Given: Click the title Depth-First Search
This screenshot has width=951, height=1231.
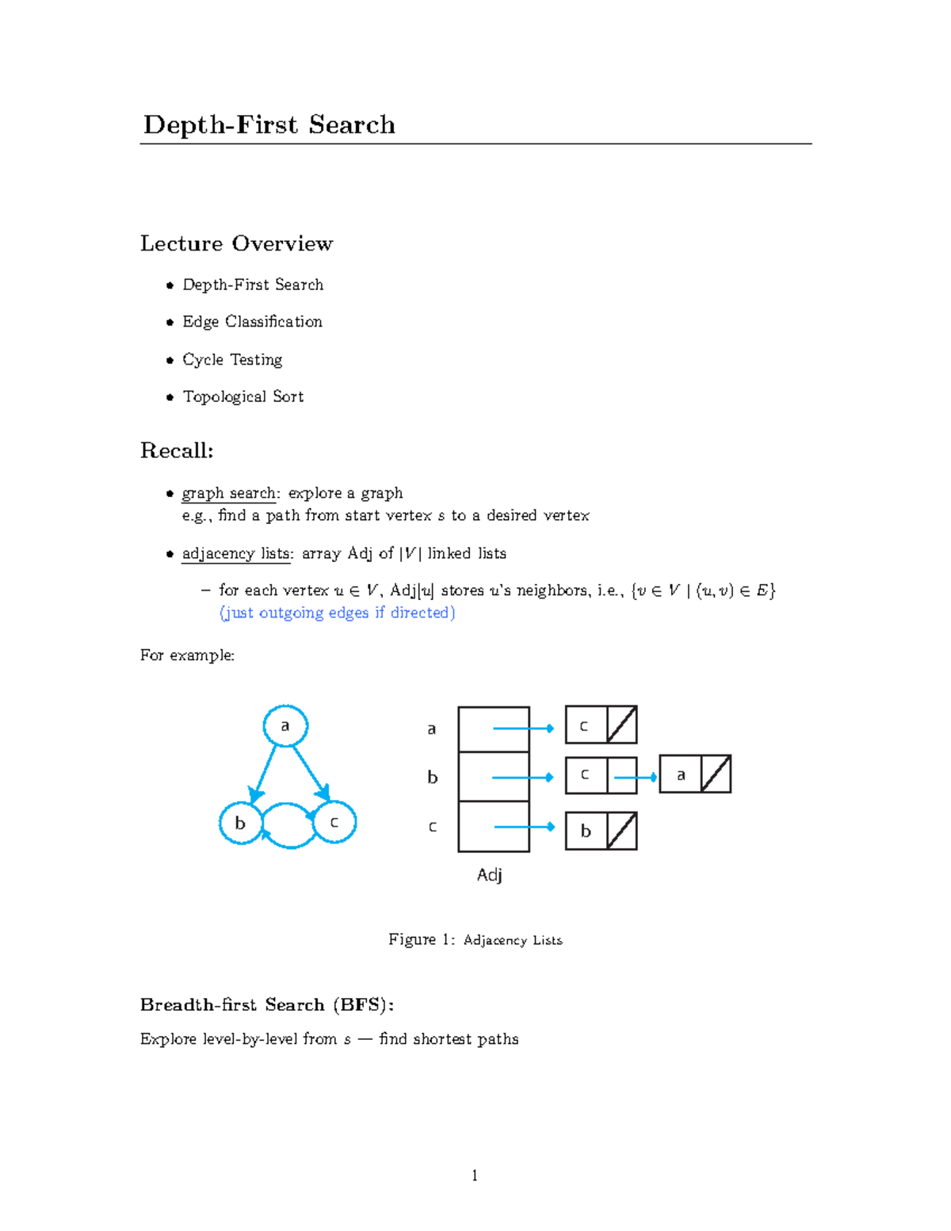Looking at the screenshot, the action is pos(269,125).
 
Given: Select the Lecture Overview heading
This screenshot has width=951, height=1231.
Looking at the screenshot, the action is pos(236,243).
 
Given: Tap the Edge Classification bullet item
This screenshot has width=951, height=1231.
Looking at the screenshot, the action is pos(252,322).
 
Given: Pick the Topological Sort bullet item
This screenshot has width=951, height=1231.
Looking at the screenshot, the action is pos(243,396).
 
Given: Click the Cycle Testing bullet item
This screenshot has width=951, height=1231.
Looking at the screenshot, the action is pos(232,360).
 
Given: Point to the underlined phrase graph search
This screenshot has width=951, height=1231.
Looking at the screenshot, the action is pos(229,493).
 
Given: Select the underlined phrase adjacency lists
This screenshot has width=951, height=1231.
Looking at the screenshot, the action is pos(236,553).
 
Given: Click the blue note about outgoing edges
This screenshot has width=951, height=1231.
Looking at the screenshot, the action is pos(337,613).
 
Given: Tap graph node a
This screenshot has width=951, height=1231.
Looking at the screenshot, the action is pos(285,726).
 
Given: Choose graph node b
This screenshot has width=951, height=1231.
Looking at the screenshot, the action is pos(240,824).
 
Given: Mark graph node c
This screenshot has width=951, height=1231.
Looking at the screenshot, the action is pos(334,823).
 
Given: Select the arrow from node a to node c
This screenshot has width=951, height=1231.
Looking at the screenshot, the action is pos(311,770).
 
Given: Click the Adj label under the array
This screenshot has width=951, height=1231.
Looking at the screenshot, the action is pos(489,875).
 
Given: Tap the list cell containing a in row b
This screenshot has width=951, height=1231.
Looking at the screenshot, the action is pos(681,775).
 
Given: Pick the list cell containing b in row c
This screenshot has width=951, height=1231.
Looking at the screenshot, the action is pos(586,831).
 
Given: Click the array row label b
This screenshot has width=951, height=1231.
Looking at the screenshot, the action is pos(432,778).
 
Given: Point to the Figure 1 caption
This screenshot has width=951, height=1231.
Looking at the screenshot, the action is pos(475,940).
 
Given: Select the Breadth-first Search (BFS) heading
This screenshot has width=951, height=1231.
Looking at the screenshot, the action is pos(267,1005).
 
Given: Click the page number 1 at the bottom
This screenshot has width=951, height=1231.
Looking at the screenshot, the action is pos(475,1176).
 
